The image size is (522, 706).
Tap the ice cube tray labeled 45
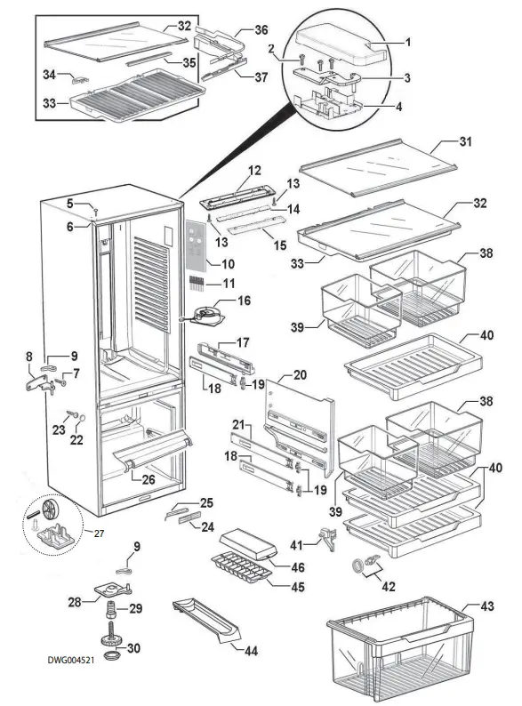[x=239, y=569]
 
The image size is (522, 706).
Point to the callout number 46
[x=299, y=566]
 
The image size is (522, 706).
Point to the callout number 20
[x=300, y=374]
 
